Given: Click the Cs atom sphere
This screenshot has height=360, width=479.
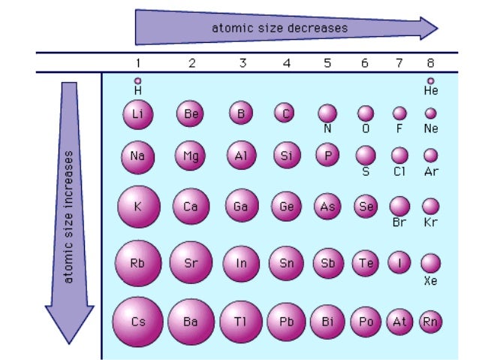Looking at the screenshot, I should coord(137,322).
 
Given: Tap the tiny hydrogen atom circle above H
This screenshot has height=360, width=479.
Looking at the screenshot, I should coord(137,80).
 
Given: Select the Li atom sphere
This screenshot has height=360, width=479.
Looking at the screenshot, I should coord(137,114).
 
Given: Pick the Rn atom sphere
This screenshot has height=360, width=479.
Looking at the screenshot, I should coord(430,322).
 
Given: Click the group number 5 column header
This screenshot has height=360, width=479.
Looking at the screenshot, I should coord(327,63).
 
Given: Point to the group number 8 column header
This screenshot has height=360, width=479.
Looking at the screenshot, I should coord(430,63).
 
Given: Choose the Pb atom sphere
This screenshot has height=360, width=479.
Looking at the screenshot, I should coord(286,322).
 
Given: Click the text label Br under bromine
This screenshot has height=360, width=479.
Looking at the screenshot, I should coord(399,222).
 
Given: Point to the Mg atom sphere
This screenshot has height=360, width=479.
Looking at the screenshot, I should coord(189,156).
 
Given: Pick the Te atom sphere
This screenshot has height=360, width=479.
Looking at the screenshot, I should coord(366,263).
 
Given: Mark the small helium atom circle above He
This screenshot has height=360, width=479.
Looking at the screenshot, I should coord(430,80).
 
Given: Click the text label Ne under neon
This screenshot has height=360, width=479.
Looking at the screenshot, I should coord(430,129).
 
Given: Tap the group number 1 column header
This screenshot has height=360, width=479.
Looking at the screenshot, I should coord(137,63).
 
